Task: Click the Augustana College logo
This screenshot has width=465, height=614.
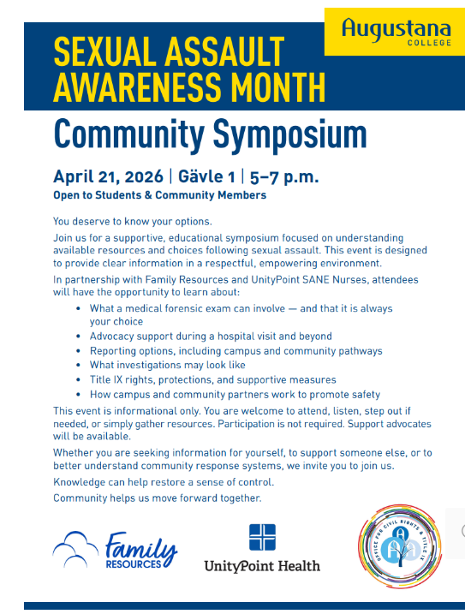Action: (x=394, y=32)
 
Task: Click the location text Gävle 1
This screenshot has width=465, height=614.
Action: (x=205, y=177)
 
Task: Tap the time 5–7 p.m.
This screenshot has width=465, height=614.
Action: (x=283, y=177)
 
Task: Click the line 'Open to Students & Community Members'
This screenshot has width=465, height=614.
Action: (x=159, y=195)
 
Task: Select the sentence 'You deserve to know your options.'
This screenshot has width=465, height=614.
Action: (x=132, y=222)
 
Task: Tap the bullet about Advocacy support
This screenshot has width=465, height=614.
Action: (x=211, y=337)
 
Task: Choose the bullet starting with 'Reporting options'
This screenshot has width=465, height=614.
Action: (x=235, y=351)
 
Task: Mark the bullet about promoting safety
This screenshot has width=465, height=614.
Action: (x=235, y=395)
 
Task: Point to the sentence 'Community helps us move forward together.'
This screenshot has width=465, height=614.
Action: (x=157, y=498)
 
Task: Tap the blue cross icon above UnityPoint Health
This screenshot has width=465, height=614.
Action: (x=262, y=537)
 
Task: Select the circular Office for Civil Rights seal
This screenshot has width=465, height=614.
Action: (x=399, y=547)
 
